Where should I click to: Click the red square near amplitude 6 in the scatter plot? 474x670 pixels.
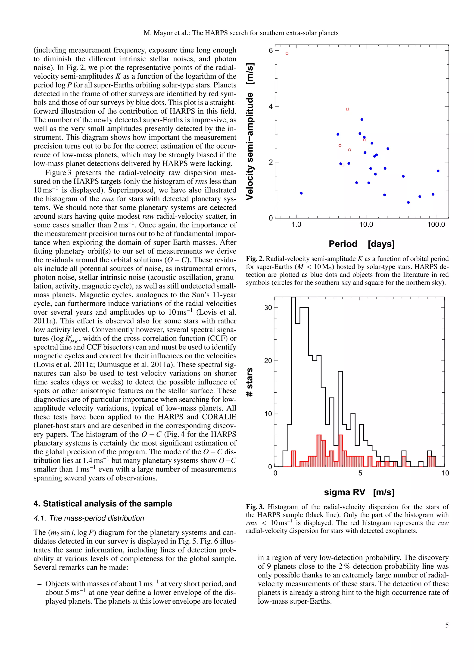[x=287, y=53]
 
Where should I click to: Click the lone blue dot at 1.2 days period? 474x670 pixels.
[x=301, y=193]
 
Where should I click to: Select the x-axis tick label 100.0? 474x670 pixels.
[x=436, y=224]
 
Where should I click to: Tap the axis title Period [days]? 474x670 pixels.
[x=361, y=244]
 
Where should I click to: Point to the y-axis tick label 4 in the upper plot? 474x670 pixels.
[x=271, y=106]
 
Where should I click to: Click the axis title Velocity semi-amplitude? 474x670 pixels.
[x=250, y=131]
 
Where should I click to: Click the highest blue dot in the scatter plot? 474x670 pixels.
[x=362, y=119]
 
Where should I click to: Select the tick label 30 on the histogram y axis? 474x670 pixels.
[x=268, y=307]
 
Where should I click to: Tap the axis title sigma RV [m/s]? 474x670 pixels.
[x=359, y=492]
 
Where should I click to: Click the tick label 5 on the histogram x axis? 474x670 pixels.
[x=360, y=473]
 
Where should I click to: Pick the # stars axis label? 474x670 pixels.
[x=249, y=382]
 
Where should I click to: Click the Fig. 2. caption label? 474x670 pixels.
[x=255, y=259]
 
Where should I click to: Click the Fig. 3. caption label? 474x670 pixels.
[x=255, y=507]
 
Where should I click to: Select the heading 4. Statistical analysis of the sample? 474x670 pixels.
[x=103, y=504]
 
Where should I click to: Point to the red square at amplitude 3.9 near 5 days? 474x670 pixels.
[x=347, y=109]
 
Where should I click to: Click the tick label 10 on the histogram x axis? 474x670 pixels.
[x=445, y=473]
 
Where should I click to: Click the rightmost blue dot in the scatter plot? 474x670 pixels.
[x=438, y=171]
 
